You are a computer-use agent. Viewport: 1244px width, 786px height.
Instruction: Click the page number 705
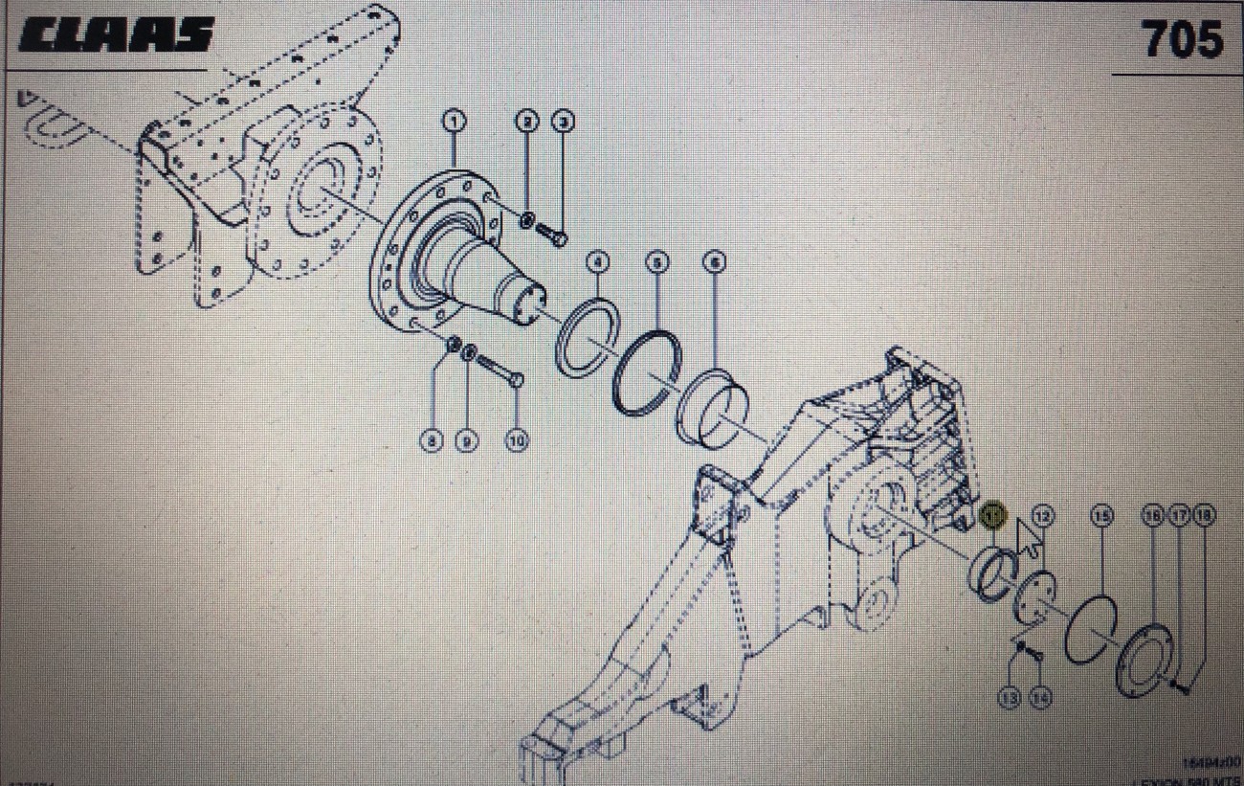pos(1182,40)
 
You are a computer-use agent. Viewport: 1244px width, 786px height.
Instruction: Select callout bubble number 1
pos(454,121)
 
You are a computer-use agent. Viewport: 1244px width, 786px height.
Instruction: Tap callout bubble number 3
pos(563,121)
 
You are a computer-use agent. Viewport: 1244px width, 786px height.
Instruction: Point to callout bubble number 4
pos(597,261)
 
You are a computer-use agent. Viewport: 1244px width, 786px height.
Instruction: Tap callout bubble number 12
pos(1043,516)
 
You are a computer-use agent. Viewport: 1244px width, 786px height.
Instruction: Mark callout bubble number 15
pos(1102,516)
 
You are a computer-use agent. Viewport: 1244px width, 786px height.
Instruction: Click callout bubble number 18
pos(1203,516)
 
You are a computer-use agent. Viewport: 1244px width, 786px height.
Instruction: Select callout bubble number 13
pos(1009,698)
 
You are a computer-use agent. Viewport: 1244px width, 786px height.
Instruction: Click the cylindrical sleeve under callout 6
pos(714,407)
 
